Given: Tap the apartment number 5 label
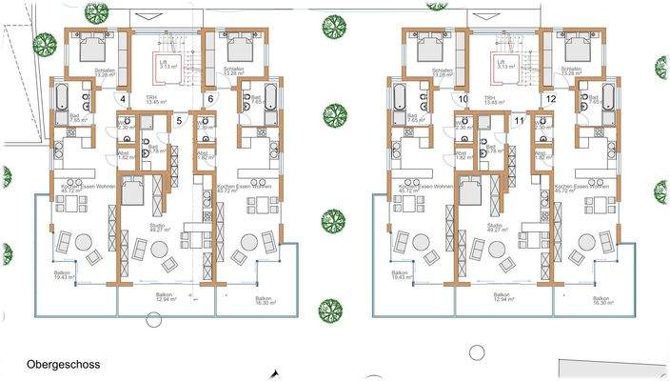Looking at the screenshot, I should [x=179, y=120].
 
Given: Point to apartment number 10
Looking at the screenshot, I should [x=462, y=99].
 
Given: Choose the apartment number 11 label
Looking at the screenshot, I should [x=519, y=120].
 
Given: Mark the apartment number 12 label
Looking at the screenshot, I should [x=549, y=99].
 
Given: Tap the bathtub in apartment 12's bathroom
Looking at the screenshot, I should [x=607, y=97].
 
